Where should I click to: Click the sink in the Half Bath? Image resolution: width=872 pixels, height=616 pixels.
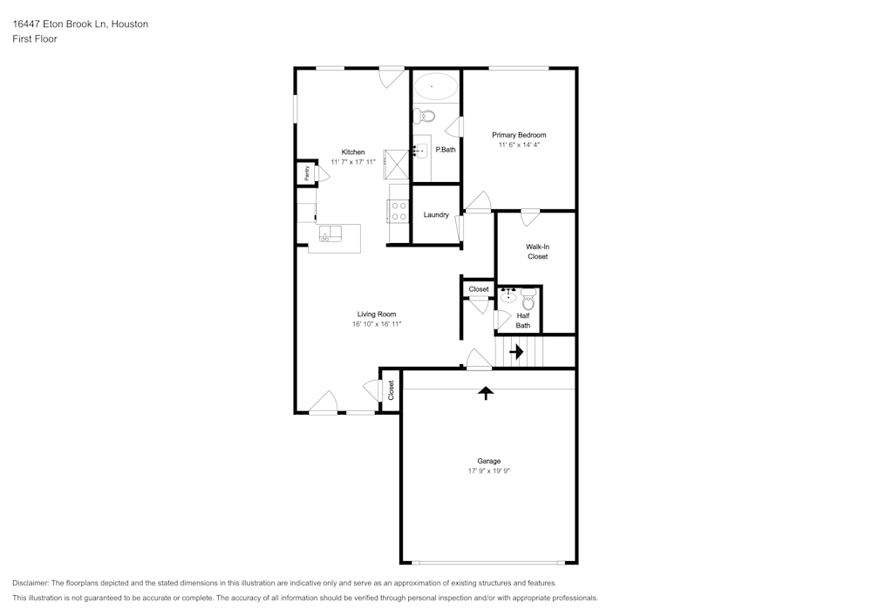click(x=508, y=295)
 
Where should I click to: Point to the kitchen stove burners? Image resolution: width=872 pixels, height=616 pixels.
click(x=399, y=211)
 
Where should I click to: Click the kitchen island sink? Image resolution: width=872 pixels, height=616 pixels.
click(x=330, y=234)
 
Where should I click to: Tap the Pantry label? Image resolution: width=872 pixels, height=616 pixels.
click(x=306, y=173)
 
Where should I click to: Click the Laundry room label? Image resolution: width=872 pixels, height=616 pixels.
click(x=436, y=215)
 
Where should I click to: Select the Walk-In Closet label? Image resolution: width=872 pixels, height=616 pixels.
click(x=538, y=252)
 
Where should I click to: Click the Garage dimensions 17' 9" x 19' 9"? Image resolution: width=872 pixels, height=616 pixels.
click(x=489, y=471)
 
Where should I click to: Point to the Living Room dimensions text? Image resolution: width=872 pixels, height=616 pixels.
click(x=377, y=324)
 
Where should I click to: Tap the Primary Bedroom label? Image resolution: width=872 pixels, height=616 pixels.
click(x=519, y=135)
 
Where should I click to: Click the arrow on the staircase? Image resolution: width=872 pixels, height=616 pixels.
click(x=516, y=352)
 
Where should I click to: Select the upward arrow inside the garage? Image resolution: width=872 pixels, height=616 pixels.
click(x=486, y=393)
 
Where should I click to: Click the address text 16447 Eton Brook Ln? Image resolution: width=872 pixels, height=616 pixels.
click(x=59, y=24)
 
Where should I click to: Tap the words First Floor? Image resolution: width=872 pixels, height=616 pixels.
click(x=35, y=39)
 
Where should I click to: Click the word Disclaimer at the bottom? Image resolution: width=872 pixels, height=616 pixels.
click(x=30, y=583)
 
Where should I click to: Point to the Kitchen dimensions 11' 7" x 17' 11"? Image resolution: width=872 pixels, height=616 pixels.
click(x=353, y=162)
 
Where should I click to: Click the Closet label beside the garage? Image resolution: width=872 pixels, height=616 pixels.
click(x=391, y=390)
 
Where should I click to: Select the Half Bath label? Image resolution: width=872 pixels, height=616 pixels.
click(x=522, y=321)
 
